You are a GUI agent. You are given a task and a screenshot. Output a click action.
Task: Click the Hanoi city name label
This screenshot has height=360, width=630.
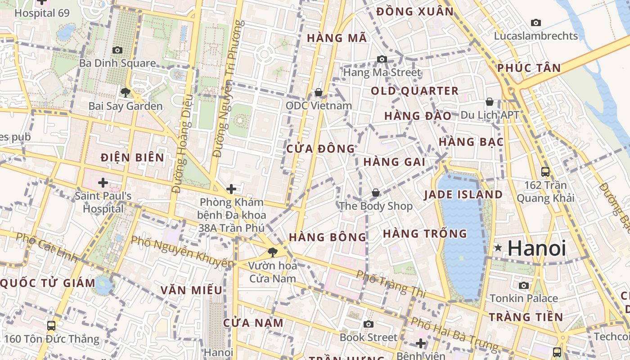[537, 248]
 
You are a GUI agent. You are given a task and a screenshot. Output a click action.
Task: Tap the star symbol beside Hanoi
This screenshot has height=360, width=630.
[498, 248]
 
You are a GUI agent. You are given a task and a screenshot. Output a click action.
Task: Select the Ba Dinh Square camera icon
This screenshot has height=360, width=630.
[117, 50]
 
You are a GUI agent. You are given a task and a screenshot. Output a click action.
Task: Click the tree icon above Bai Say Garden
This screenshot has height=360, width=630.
[125, 93]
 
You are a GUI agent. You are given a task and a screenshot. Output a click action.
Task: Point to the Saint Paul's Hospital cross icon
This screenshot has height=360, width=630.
[103, 183]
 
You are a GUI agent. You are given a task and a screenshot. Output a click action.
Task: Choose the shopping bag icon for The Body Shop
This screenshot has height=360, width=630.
[376, 193]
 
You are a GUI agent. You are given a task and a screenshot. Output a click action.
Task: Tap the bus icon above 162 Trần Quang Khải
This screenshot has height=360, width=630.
[545, 171]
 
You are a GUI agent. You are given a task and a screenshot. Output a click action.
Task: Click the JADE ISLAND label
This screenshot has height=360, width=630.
[463, 195]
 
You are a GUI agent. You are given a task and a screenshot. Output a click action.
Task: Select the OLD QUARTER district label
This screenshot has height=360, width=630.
[414, 91]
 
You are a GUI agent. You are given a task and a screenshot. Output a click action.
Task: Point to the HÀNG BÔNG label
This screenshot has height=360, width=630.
[328, 237]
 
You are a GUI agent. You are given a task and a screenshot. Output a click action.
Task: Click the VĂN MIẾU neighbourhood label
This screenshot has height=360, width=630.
[192, 290]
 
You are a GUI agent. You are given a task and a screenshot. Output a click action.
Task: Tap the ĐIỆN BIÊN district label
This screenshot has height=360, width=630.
[132, 157]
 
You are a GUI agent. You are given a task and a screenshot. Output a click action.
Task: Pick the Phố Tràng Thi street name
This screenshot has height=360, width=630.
[391, 283]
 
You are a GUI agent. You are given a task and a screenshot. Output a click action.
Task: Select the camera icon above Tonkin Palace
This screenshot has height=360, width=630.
[524, 285]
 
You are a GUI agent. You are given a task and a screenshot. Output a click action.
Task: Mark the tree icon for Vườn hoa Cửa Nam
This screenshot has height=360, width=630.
[272, 252]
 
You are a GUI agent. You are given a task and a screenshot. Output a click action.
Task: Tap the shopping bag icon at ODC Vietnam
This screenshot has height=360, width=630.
[319, 92]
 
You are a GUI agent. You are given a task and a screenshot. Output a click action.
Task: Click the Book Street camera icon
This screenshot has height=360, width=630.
[369, 324]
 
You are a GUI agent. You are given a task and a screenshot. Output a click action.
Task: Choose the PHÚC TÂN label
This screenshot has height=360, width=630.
[529, 68]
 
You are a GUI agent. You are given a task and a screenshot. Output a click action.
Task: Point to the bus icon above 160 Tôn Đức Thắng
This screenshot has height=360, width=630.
[51, 325]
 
